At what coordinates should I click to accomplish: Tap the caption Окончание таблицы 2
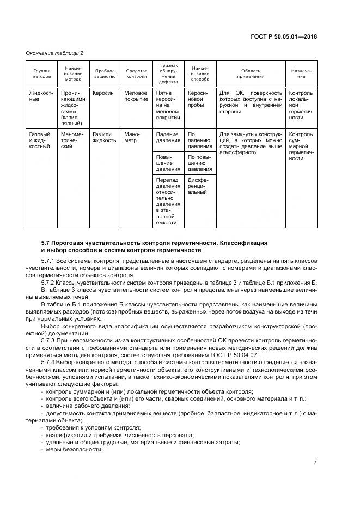pos(54,53)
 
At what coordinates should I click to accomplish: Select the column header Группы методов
pos(41,74)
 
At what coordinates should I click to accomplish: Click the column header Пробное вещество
pos(105,74)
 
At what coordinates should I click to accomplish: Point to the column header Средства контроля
pos(137,74)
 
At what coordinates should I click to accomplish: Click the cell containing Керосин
pos(103,93)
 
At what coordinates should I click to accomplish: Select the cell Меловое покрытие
pos(137,96)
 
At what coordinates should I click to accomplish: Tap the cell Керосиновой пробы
pos(198,99)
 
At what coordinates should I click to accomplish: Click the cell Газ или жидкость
pos(104,137)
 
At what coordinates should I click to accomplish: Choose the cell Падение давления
pos(167,137)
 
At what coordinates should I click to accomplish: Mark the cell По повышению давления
pos(200,163)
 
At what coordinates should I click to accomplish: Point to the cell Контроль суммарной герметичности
pos(301,146)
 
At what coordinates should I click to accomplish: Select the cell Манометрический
pos(72,140)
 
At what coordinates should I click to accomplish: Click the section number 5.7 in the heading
pos(47,242)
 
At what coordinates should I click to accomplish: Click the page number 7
pos(315,462)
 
